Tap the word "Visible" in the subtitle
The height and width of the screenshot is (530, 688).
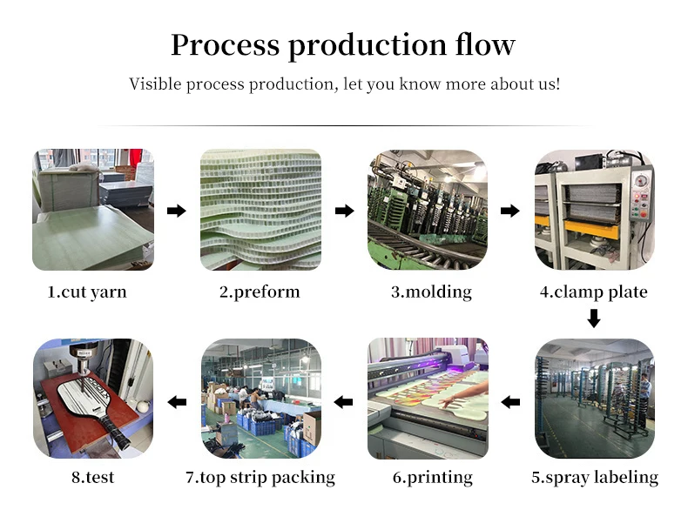coord(155,84)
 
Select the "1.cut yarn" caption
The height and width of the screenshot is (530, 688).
coord(86,292)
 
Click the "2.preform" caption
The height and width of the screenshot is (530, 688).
coord(260,292)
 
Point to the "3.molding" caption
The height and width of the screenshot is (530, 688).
coord(430,292)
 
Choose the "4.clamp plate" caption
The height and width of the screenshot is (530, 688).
coord(593,292)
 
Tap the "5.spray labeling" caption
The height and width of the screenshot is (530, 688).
coord(594,477)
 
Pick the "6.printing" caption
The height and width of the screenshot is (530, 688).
coord(432,477)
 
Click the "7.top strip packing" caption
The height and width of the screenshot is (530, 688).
coord(260,477)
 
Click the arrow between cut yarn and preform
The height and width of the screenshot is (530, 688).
coord(176,211)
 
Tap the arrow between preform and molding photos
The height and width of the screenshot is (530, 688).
coord(345,211)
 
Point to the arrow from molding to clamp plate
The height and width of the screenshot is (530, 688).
coord(510,211)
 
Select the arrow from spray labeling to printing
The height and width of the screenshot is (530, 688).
coord(512,401)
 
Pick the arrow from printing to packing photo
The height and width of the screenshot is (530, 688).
coord(344,401)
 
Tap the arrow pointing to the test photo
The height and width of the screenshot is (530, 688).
coord(177,401)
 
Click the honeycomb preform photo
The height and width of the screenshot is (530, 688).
coord(260,211)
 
